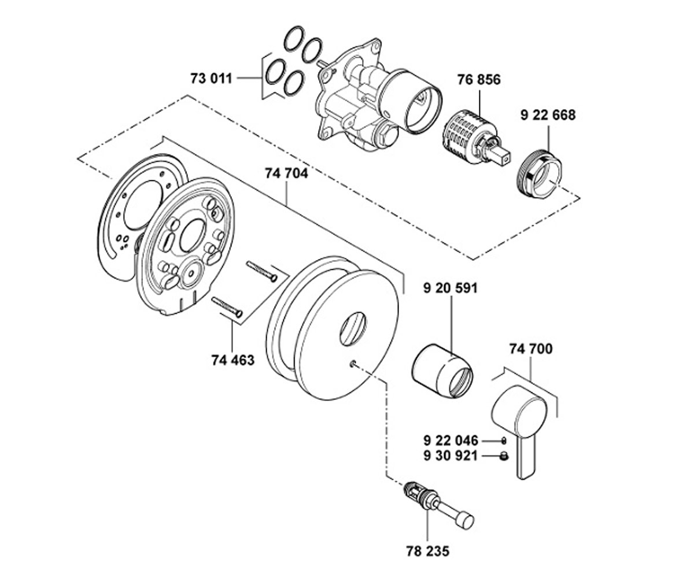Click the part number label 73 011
pyautogui.click(x=211, y=79)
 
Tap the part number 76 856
pyautogui.click(x=479, y=80)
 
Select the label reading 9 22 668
pyautogui.click(x=548, y=115)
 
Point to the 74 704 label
pyautogui.click(x=286, y=173)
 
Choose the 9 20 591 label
pyautogui.click(x=451, y=288)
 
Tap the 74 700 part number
pyautogui.click(x=531, y=349)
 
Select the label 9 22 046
pyautogui.click(x=451, y=441)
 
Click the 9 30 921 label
pyautogui.click(x=451, y=456)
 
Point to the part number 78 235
pyautogui.click(x=428, y=551)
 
